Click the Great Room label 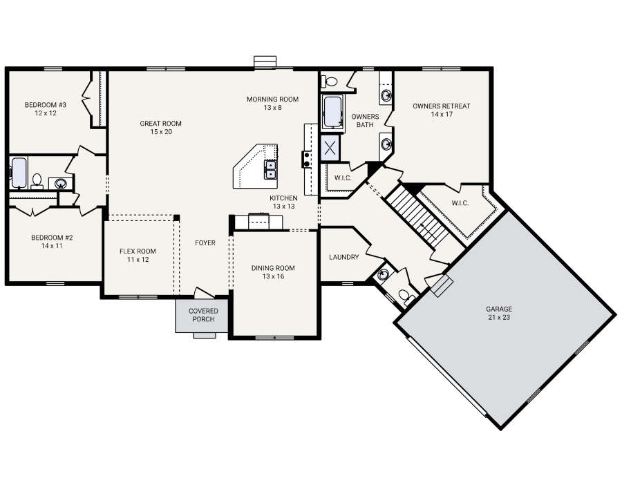pos(160,128)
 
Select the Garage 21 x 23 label pos(499,313)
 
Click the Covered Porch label pos(203,315)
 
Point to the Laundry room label pos(344,257)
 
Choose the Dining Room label pos(273,272)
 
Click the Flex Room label pos(138,255)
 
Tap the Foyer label pos(205,242)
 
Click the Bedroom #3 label pos(45,108)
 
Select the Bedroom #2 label pos(52,242)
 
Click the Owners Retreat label pos(441,110)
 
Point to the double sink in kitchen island pos(270,169)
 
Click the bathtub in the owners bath pos(332,111)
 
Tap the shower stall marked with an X pos(330,148)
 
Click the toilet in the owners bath pos(329,82)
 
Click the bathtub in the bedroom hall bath pos(19,173)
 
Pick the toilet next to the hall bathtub pos(37,181)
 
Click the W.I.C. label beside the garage pos(460,203)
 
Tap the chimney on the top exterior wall pos(265,63)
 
